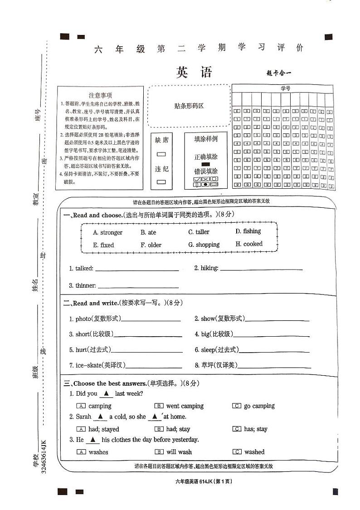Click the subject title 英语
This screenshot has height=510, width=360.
point(194,72)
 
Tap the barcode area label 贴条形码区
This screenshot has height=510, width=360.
point(189,106)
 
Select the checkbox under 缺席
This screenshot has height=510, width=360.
point(161,154)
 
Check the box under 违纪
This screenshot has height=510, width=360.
point(161,182)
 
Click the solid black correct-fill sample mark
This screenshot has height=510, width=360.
point(205,164)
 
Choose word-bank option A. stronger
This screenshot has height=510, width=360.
point(107,232)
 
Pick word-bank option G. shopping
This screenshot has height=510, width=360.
point(204,245)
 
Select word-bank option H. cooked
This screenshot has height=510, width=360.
point(249,244)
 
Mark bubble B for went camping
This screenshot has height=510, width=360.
point(159,406)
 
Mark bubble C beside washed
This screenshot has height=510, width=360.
point(237,452)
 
